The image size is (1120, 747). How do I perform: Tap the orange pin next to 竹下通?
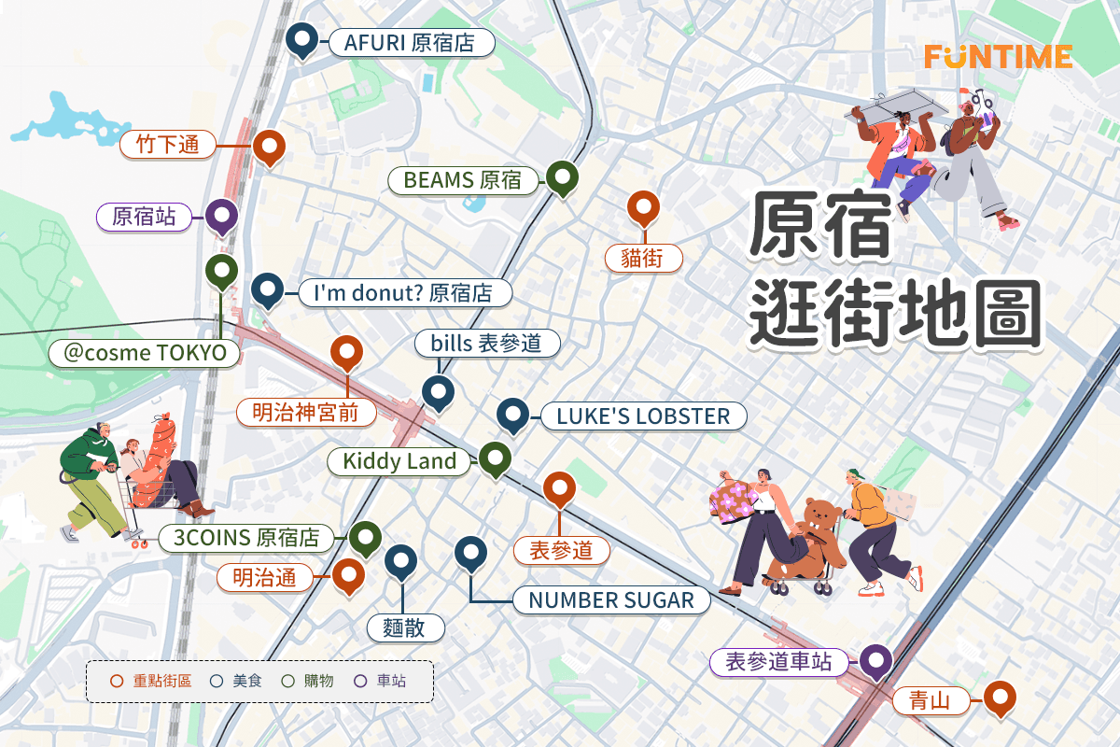click(x=270, y=146)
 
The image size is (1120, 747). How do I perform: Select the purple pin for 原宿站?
click(x=221, y=216)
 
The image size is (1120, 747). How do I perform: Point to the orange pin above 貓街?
click(x=643, y=207)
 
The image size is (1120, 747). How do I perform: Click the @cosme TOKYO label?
click(x=145, y=353)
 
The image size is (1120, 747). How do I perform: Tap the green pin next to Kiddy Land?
click(x=495, y=458)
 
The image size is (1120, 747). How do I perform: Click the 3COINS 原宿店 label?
click(x=246, y=538)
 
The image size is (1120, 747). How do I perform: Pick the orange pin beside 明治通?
click(x=349, y=575)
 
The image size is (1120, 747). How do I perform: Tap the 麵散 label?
click(x=403, y=627)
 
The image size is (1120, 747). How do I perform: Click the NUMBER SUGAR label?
click(x=610, y=599)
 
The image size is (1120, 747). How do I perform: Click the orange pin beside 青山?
click(x=1000, y=697)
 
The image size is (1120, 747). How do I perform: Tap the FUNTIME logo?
click(x=998, y=56)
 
